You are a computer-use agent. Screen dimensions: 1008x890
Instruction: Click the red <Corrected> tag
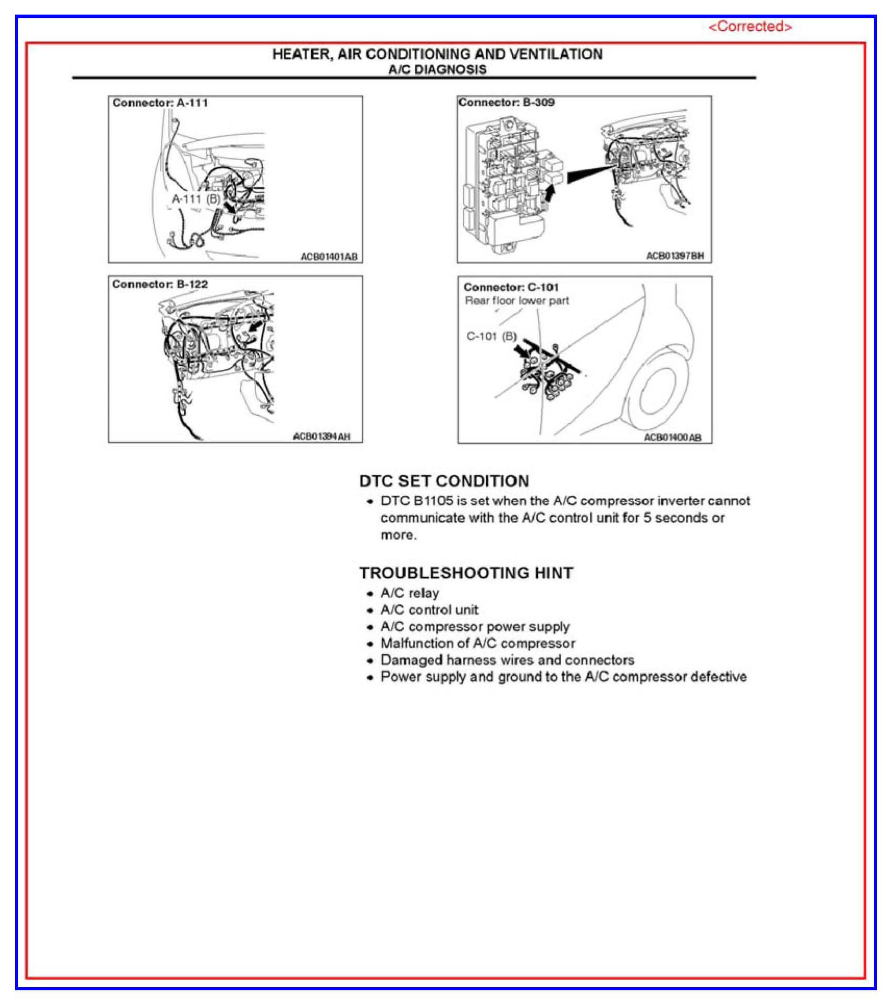pyautogui.click(x=750, y=27)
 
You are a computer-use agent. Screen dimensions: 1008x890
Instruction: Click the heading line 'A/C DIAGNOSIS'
pyautogui.click(x=437, y=70)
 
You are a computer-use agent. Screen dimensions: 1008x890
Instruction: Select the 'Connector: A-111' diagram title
pyautogui.click(x=160, y=103)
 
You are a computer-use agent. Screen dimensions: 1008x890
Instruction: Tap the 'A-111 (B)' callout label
pyautogui.click(x=196, y=198)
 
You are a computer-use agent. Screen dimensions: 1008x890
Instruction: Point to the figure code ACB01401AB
pyautogui.click(x=329, y=256)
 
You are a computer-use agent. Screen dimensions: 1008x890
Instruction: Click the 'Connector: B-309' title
pyautogui.click(x=506, y=102)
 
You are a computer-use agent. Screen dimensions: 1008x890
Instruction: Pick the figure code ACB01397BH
pyautogui.click(x=675, y=256)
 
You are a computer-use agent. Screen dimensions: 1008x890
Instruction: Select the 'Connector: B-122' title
pyautogui.click(x=160, y=284)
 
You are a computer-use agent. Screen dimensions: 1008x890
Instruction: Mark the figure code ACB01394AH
pyautogui.click(x=322, y=437)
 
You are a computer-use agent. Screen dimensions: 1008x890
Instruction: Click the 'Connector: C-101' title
pyautogui.click(x=511, y=287)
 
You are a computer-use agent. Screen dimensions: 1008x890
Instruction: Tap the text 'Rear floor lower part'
pyautogui.click(x=516, y=301)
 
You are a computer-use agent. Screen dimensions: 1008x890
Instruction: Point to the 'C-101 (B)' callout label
pyautogui.click(x=491, y=336)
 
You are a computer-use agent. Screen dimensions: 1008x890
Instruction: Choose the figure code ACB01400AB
pyautogui.click(x=673, y=437)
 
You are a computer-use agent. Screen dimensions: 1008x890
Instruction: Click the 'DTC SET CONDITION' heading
pyautogui.click(x=444, y=481)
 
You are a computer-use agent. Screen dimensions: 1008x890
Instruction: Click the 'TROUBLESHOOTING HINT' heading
pyautogui.click(x=466, y=573)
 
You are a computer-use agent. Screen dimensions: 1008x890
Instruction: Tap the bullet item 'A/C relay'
pyautogui.click(x=410, y=593)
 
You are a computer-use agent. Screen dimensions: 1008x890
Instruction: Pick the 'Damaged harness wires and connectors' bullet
pyautogui.click(x=507, y=660)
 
